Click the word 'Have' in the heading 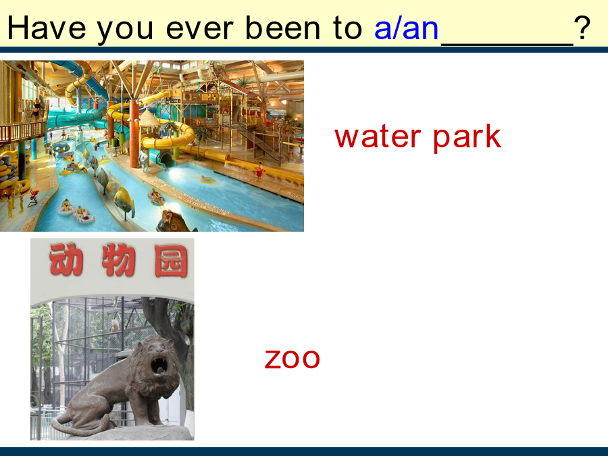47,28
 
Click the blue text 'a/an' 406,28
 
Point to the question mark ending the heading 582,28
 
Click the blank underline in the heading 507,45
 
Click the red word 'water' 377,137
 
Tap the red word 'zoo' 292,359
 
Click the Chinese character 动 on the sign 66,259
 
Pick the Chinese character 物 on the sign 119,260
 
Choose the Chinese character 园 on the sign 171,261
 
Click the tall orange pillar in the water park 134,133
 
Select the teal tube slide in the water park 76,117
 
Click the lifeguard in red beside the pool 259,172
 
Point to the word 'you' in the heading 125,31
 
